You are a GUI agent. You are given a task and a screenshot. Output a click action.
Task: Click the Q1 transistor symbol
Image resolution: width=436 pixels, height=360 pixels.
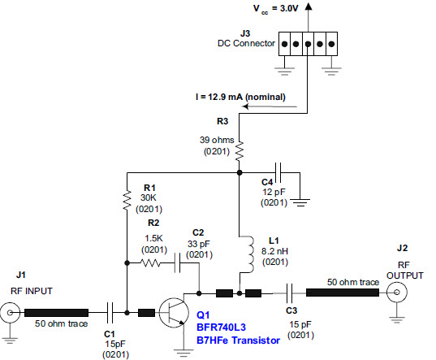click(x=172, y=312)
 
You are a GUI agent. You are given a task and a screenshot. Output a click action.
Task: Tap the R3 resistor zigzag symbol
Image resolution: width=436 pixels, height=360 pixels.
click(x=240, y=151)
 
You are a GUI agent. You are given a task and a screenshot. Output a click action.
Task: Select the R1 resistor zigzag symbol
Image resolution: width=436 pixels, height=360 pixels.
click(x=127, y=200)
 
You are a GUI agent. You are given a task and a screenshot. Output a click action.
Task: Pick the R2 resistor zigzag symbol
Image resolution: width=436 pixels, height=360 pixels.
click(x=150, y=263)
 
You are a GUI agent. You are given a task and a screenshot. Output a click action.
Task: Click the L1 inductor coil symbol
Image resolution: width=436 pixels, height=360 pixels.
click(x=249, y=254)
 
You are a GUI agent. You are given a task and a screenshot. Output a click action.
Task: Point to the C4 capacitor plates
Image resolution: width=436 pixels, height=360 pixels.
click(x=278, y=173)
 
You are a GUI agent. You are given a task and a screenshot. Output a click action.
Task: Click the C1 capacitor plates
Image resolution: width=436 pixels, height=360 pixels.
click(x=110, y=313)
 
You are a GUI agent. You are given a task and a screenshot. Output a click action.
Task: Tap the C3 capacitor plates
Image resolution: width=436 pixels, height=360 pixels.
click(x=290, y=293)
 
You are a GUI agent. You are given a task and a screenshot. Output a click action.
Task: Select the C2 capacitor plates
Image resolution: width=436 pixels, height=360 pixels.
click(x=177, y=263)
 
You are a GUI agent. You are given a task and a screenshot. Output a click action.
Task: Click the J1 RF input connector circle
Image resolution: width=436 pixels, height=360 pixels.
click(x=10, y=313)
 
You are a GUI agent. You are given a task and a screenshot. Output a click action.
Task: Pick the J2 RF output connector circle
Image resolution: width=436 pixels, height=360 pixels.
click(x=397, y=293)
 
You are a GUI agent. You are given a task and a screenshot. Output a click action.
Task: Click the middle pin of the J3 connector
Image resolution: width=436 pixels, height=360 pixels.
click(x=308, y=44)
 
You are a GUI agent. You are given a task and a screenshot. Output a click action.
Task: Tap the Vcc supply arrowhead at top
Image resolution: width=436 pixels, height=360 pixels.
click(x=308, y=7)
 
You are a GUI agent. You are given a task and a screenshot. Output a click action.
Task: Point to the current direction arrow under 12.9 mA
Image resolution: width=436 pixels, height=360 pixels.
click(x=270, y=106)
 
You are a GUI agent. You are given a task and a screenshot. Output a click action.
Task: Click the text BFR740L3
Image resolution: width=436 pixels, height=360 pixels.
click(x=221, y=327)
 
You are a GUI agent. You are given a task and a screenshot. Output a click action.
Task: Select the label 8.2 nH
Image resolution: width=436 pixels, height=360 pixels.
click(x=274, y=251)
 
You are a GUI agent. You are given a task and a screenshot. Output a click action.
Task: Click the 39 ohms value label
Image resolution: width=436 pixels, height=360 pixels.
click(x=217, y=140)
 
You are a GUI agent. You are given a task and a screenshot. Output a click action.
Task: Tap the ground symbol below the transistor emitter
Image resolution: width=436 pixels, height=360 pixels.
click(x=183, y=353)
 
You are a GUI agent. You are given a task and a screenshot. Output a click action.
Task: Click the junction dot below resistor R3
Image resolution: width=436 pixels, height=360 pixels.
click(x=240, y=173)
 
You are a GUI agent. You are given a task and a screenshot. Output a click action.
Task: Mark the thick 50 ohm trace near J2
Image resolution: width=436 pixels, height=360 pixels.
click(x=343, y=293)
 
